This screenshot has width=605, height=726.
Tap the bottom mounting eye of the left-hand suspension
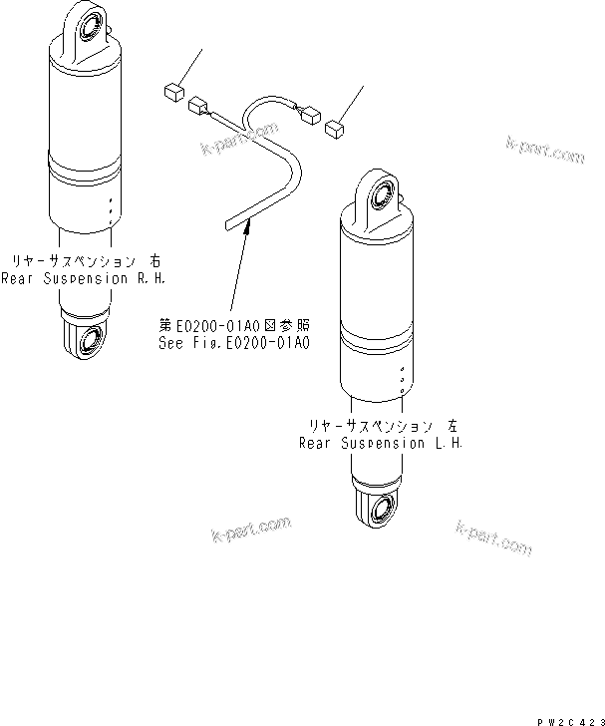tap(381, 511)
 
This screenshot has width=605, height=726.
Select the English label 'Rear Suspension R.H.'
tap(78, 278)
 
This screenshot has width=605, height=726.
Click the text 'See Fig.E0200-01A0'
tap(235, 341)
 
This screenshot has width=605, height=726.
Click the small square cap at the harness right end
tap(335, 125)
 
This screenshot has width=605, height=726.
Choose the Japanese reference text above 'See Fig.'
tap(235, 324)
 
